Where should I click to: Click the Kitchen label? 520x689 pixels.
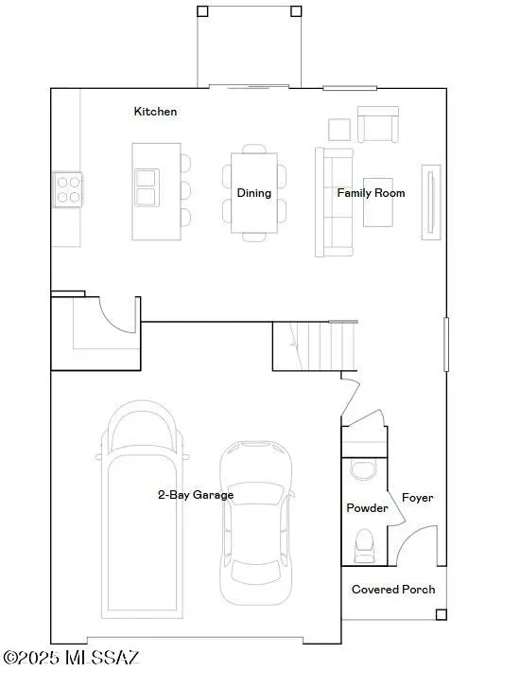[155, 112]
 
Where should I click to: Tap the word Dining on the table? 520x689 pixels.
[253, 193]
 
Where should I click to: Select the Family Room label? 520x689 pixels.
[371, 193]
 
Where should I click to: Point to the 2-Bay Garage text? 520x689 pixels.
[195, 495]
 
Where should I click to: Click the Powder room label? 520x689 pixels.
[367, 508]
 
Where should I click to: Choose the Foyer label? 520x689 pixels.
[417, 498]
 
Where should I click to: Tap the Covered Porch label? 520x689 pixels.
[393, 590]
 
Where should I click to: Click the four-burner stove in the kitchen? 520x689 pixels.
[68, 189]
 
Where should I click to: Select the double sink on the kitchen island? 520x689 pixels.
[146, 187]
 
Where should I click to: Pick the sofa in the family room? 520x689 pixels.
[332, 202]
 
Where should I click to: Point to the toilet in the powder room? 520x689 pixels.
[363, 543]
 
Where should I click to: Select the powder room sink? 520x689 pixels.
[362, 468]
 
